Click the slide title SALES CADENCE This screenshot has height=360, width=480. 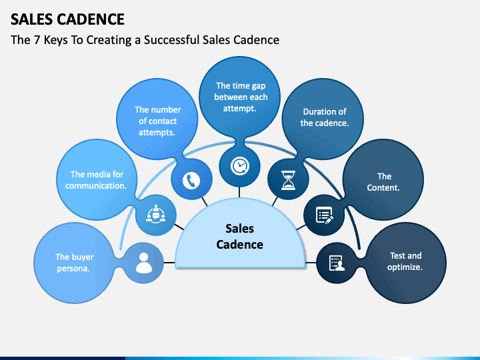[67, 18]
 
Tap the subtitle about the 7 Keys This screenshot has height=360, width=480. [145, 40]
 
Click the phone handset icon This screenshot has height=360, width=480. [192, 180]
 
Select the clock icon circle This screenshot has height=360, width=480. [239, 165]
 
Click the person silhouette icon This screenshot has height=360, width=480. [144, 263]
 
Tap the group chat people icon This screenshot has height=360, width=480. [157, 215]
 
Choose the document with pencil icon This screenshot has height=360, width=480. [325, 215]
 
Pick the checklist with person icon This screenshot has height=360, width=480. [337, 263]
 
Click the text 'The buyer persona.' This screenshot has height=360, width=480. [74, 262]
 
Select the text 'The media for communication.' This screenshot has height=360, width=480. [97, 180]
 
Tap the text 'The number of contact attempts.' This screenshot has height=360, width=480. [158, 121]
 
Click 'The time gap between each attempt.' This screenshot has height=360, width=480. [241, 97]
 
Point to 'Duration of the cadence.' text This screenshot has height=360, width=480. [325, 117]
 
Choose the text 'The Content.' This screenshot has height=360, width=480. [384, 182]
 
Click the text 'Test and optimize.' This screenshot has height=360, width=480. [405, 261]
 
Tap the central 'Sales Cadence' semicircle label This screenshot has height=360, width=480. [240, 237]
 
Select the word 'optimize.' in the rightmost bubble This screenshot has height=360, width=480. [405, 267]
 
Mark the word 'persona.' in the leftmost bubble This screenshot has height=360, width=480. [74, 268]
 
